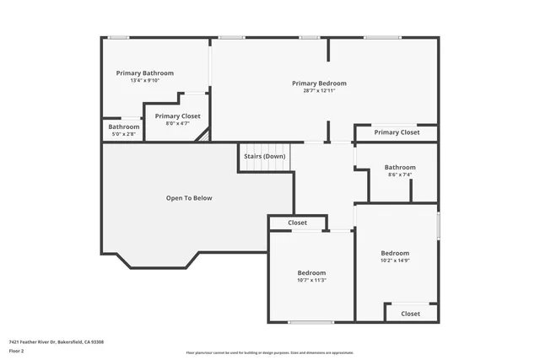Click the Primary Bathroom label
tap(144, 73)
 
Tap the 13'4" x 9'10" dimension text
tap(144, 81)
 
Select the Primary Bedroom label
tap(319, 83)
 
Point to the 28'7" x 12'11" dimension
tap(319, 91)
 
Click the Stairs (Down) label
tap(264, 156)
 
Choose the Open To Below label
tap(189, 198)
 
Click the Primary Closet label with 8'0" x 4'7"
tap(177, 116)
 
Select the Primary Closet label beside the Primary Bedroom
tap(397, 132)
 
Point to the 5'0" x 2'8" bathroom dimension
tap(123, 134)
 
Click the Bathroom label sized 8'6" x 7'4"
tap(400, 167)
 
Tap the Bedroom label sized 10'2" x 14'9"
tap(395, 253)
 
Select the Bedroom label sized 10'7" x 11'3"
tap(311, 273)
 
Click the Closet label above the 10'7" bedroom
tap(297, 223)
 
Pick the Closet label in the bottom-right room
tap(410, 314)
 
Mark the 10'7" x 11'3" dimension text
tap(311, 281)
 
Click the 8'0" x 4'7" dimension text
tap(177, 124)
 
